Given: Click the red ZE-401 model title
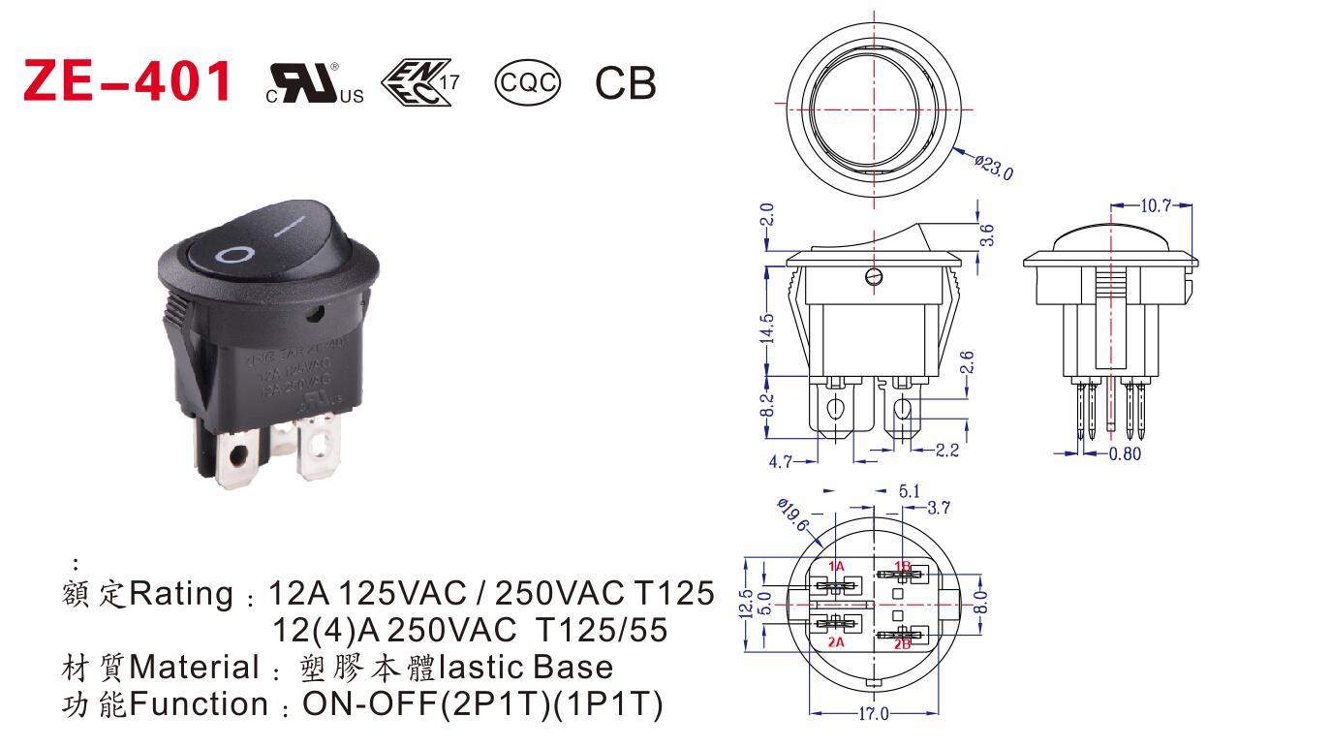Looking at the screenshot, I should tap(127, 81).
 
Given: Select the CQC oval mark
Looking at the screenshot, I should tap(527, 82).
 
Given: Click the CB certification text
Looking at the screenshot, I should tap(625, 83).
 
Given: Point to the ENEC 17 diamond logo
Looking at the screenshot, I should tap(418, 82).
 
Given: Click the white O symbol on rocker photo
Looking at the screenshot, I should tap(234, 255).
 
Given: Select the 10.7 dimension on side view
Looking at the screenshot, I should tap(1156, 205).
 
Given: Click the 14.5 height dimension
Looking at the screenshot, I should tap(766, 328).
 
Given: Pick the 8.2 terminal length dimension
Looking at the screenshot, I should tap(766, 404).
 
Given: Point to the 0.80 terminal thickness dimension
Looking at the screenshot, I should tap(1125, 452).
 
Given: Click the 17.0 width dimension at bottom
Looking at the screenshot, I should tap(873, 714).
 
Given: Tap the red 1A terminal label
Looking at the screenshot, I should tap(837, 566).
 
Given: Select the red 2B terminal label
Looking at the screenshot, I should tap(902, 642).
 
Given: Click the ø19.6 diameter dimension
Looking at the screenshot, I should tap(793, 514).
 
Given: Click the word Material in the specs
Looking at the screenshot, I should tap(194, 668).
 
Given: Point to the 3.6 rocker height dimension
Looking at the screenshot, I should tap(987, 234).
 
